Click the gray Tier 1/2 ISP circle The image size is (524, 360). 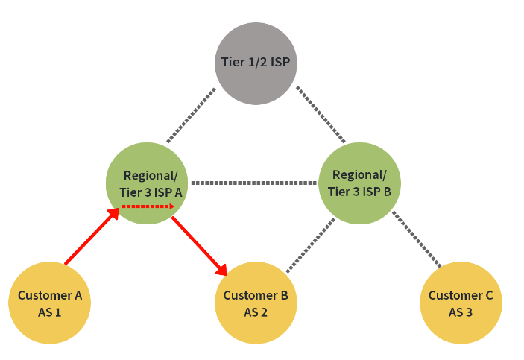(x=256, y=63)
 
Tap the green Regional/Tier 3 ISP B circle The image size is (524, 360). (x=360, y=183)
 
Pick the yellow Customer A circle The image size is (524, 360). (x=50, y=303)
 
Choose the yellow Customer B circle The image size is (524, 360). (x=256, y=303)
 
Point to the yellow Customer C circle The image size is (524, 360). (x=461, y=303)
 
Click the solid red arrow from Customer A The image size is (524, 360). (x=91, y=238)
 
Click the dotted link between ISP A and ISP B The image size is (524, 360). (x=254, y=183)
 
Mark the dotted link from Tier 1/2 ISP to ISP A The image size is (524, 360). (x=192, y=115)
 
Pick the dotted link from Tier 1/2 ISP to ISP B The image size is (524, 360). (x=321, y=115)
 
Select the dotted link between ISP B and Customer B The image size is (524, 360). (x=309, y=245)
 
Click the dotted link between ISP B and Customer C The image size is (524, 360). (x=417, y=239)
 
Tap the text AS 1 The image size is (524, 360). (x=50, y=312)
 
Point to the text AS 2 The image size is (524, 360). (x=256, y=312)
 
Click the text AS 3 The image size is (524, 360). (x=461, y=312)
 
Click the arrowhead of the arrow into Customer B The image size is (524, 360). (x=221, y=270)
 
